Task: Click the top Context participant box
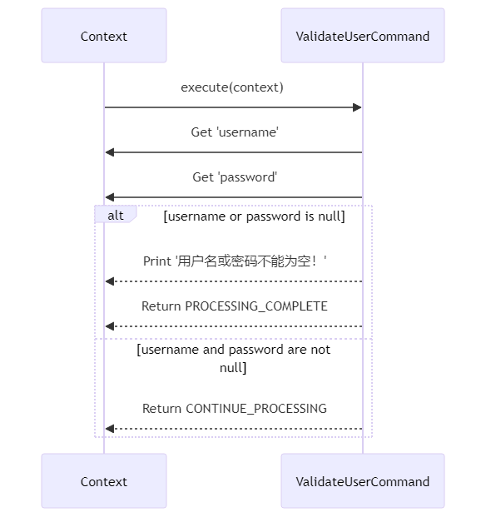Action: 104,36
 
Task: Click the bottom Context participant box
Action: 104,480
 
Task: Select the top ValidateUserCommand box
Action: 363,36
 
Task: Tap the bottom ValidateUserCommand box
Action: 363,480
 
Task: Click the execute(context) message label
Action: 232,87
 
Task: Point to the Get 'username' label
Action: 235,132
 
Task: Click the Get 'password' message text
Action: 235,177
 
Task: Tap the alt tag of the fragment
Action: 116,215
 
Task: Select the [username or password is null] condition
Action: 254,216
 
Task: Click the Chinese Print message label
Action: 235,261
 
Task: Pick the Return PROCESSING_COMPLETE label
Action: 235,306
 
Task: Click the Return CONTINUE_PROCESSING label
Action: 235,409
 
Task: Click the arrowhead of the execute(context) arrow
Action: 357,107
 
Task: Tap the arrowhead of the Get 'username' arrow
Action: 110,152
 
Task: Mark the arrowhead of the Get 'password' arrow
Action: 110,197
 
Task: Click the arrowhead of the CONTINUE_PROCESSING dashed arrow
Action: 110,429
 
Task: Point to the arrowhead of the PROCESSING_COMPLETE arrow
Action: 110,326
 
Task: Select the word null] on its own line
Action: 233,368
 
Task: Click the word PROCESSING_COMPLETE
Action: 256,306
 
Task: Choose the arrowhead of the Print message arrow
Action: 110,281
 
